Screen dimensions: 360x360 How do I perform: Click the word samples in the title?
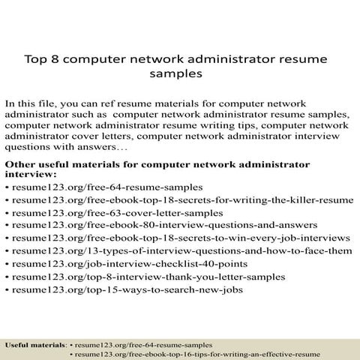[x=178, y=74]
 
